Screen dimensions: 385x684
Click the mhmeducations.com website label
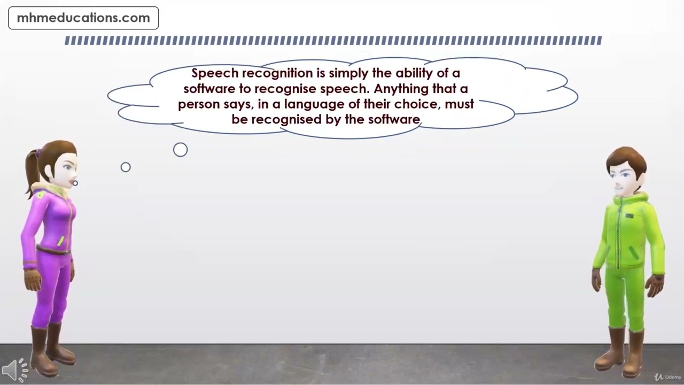pyautogui.click(x=83, y=18)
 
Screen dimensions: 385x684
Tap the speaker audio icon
pyautogui.click(x=15, y=369)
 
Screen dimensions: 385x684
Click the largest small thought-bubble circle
pyautogui.click(x=181, y=150)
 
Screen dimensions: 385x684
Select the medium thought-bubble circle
pyautogui.click(x=126, y=167)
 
